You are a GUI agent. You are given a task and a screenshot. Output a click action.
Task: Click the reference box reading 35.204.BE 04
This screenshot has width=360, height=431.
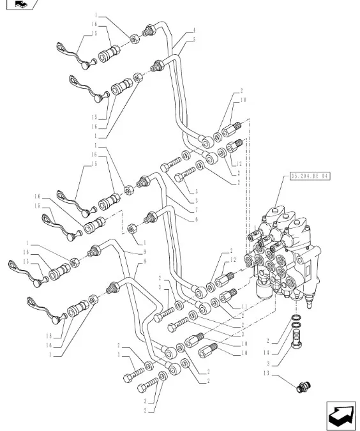click(310, 174)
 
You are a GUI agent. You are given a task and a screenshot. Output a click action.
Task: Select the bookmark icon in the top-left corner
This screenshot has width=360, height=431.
click(19, 5)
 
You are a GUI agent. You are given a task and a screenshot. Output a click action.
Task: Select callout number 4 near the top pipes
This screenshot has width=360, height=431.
click(194, 31)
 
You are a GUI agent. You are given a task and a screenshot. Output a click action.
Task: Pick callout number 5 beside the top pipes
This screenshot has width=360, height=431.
click(194, 40)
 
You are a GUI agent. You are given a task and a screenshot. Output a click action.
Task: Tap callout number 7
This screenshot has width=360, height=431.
click(194, 209)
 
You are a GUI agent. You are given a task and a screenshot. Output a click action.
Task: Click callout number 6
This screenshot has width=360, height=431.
click(194, 218)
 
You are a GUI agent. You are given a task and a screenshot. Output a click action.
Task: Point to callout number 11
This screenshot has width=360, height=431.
click(244, 307)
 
